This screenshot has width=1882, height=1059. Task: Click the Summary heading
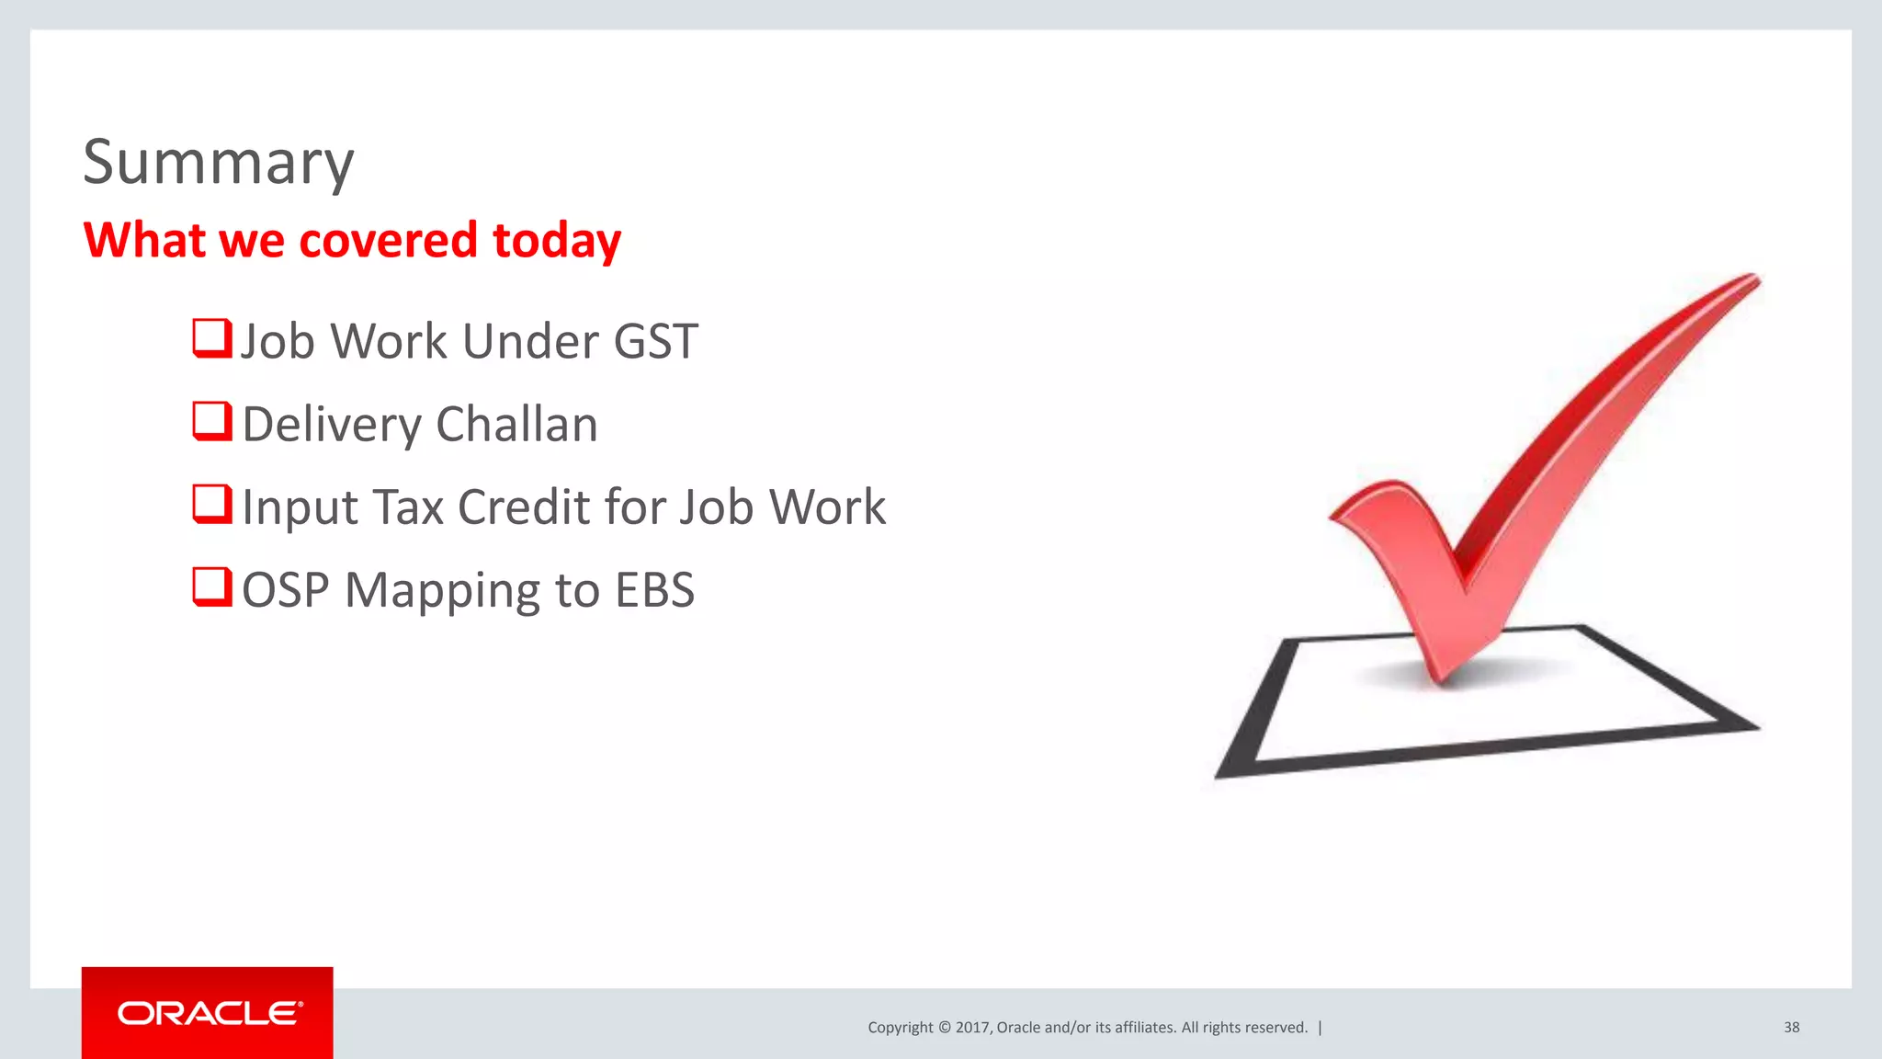coord(218,163)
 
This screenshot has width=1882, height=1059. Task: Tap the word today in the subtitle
coord(557,241)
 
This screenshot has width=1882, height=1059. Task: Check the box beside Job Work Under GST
coord(211,338)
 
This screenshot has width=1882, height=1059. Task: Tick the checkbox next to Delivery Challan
coord(211,422)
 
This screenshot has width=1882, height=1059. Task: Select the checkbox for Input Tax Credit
coord(211,505)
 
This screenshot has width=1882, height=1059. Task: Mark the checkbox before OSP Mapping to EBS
coord(211,587)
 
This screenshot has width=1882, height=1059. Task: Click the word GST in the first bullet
coord(655,341)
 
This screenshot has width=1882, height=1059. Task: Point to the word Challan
coord(516,425)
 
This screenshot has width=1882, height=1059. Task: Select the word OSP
coord(285,590)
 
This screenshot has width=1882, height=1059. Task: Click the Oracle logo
coord(209,1013)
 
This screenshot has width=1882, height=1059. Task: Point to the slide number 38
coord(1791,1028)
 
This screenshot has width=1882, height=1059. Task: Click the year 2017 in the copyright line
coord(971,1028)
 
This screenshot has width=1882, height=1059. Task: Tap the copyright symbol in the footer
coord(944,1028)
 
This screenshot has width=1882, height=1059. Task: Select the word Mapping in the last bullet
coord(442,590)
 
